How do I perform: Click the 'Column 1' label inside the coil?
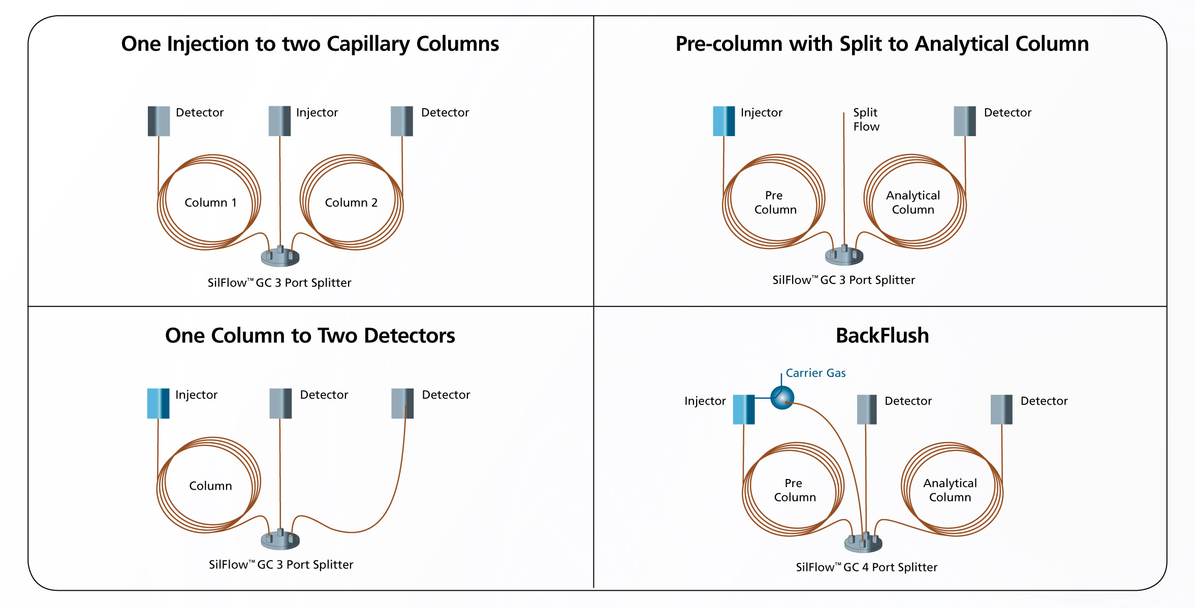[210, 203]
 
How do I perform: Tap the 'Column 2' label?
[351, 203]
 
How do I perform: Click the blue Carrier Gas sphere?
[782, 397]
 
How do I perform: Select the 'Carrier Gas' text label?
[815, 373]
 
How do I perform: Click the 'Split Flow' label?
[866, 119]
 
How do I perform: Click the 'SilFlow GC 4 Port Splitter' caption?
[866, 567]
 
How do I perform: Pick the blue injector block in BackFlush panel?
[744, 409]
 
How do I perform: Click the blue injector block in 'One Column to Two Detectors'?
[158, 403]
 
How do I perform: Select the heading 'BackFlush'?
[882, 336]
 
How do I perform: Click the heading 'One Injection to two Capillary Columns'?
[310, 44]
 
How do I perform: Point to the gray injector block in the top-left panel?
[279, 121]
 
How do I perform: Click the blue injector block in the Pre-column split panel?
[724, 121]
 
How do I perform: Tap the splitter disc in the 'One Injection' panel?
[280, 257]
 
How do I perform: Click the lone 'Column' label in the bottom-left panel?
[210, 486]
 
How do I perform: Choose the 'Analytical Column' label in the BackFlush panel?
[950, 490]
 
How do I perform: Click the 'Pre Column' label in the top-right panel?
[775, 203]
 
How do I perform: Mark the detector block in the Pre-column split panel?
[965, 121]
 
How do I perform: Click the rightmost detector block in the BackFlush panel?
[1001, 409]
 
